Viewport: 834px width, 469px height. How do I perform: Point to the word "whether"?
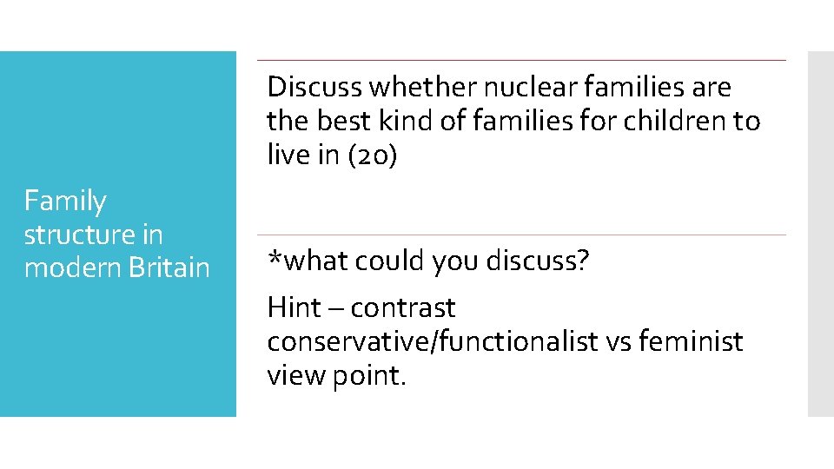click(423, 87)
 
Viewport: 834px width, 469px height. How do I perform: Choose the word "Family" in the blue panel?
click(65, 201)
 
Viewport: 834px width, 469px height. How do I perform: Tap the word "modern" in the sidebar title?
click(73, 268)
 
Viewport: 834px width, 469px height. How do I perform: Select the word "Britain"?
click(169, 268)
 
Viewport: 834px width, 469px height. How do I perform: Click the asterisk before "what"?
click(274, 256)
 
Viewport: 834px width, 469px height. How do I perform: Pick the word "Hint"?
click(294, 307)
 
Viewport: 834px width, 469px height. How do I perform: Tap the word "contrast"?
click(403, 307)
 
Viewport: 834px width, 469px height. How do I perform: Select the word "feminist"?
click(691, 341)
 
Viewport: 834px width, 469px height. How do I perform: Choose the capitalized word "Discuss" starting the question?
click(314, 87)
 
